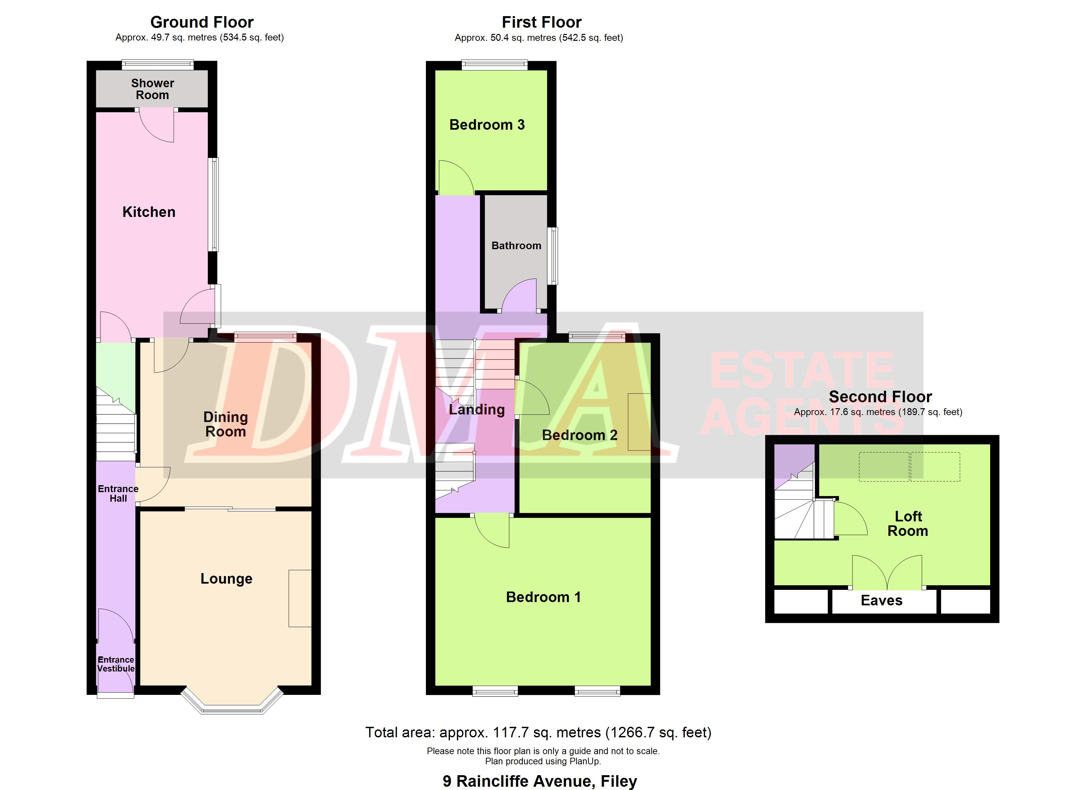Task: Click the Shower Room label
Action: [x=153, y=89]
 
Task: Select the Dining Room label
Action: [x=225, y=425]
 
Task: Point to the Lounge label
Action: [x=226, y=579]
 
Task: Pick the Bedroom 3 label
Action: [x=487, y=125]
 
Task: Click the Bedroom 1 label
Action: [x=543, y=597]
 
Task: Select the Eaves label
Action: [x=881, y=601]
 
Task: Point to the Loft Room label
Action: [x=908, y=524]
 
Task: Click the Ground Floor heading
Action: [x=202, y=22]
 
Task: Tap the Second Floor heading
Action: [x=880, y=397]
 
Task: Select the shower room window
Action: [x=158, y=65]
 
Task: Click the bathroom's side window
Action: [x=553, y=256]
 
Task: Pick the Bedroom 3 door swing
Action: [x=456, y=177]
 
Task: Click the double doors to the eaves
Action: [x=887, y=572]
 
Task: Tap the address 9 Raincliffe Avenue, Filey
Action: [x=540, y=781]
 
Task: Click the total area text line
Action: [x=538, y=732]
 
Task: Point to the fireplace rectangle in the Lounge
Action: [x=300, y=598]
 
